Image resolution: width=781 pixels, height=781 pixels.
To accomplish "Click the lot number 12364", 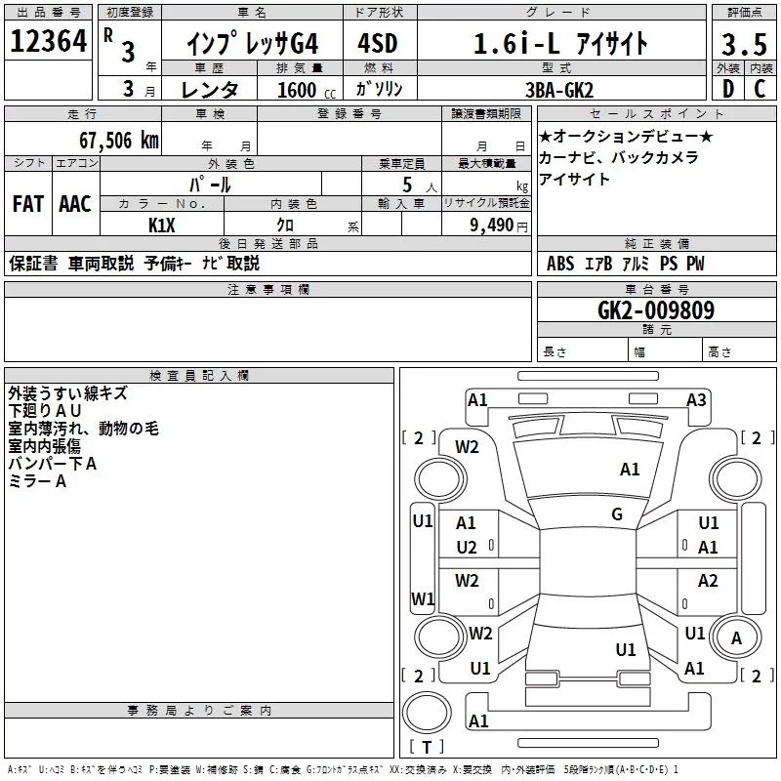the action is pos(48,41).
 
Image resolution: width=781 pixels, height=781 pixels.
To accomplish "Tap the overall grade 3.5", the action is pos(744,44).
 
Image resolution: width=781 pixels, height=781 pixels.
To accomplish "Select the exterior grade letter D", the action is pos(728,89).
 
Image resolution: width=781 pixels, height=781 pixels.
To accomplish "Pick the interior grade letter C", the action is pos(760,89).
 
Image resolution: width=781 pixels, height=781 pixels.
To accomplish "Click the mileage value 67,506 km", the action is pos(119,141).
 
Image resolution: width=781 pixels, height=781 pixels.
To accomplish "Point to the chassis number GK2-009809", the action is pos(656,310).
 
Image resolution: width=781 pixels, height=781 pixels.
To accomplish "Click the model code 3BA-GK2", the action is pos(559,90).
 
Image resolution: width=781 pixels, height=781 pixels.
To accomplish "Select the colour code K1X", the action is pos(162,226).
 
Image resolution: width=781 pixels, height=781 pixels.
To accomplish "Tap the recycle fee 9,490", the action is pos(491,226).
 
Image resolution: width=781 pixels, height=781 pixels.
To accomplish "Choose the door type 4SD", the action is pos(378,43).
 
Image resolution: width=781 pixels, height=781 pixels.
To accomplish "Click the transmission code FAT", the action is pos(28,204).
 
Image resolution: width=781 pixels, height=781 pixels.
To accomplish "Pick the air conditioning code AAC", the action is pos(75,204).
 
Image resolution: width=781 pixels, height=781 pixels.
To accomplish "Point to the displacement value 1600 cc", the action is pos(307,90).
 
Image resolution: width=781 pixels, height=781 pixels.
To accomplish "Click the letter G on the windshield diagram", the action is pos(617,514).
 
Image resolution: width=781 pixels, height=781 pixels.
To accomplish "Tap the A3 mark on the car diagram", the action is pos(696,400).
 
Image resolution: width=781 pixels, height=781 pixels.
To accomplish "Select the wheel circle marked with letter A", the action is pos(736,637).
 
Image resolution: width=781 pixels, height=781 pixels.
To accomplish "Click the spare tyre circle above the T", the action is pos(427,713).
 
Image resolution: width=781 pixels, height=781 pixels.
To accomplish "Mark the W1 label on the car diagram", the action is pos(423,598).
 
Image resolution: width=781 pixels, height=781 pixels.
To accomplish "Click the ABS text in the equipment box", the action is pos(560,264).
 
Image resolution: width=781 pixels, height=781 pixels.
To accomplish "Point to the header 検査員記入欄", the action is pos(199,376).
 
